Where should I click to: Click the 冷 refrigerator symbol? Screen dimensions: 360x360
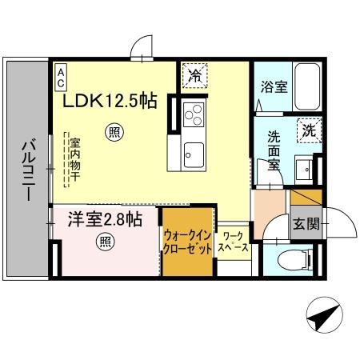pyautogui.click(x=194, y=77)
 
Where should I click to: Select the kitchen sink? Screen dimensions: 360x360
pyautogui.click(x=193, y=153)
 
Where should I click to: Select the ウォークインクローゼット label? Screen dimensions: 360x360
pyautogui.click(x=188, y=242)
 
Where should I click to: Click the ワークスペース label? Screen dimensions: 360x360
pyautogui.click(x=234, y=242)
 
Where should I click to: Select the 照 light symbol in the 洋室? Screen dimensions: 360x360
pyautogui.click(x=104, y=242)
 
